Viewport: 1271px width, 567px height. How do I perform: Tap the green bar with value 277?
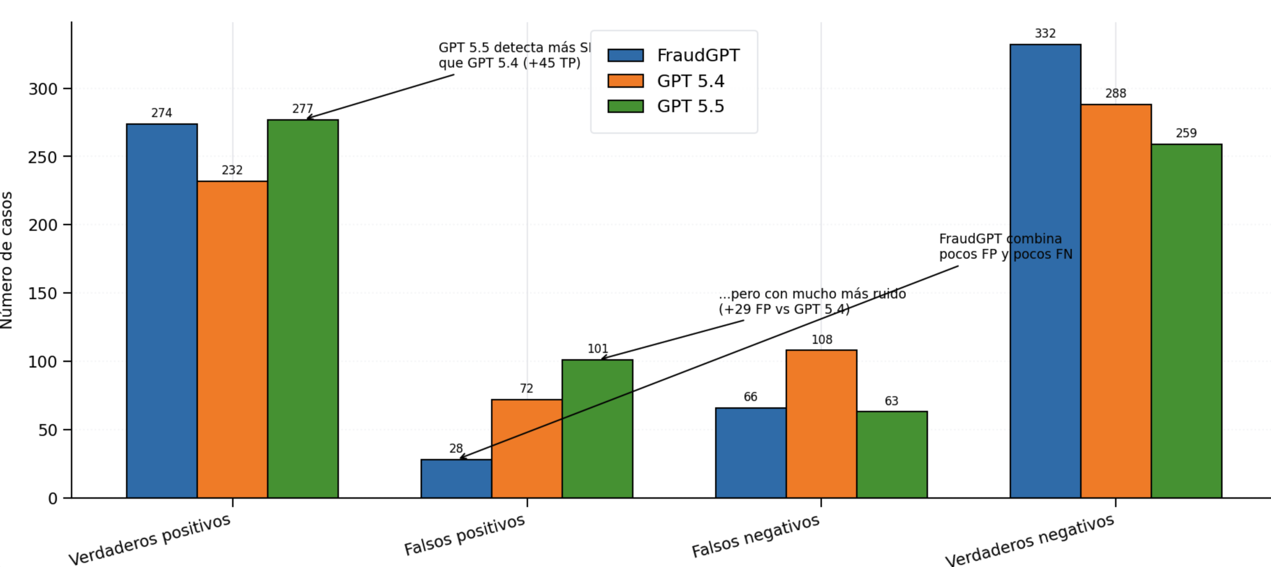[303, 308]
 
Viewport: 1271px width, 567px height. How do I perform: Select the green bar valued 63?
[892, 454]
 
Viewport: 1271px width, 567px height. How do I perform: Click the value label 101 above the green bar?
[597, 349]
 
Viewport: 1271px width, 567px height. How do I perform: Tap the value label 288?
[1116, 93]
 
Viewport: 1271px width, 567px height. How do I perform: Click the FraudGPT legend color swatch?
[626, 55]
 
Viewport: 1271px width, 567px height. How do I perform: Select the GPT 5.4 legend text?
[691, 81]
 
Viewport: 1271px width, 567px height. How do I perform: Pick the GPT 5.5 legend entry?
[691, 106]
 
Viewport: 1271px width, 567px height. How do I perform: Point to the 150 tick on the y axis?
[42, 293]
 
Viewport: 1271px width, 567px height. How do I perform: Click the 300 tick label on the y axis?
[42, 89]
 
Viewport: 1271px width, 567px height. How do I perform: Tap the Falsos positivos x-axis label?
[465, 535]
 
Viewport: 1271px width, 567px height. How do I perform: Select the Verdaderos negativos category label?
[1030, 540]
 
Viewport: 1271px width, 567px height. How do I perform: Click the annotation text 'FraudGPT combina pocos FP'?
[1005, 246]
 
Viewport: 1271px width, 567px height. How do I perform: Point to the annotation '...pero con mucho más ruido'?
[812, 301]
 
